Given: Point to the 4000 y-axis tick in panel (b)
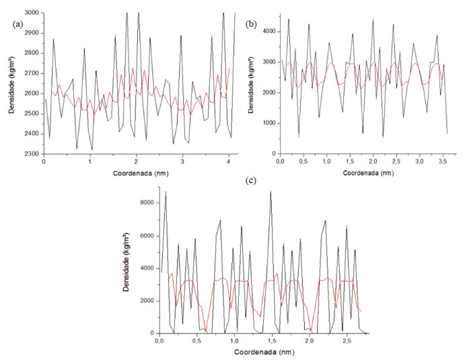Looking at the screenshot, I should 268,31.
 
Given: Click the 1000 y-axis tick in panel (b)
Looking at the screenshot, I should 268,123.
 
